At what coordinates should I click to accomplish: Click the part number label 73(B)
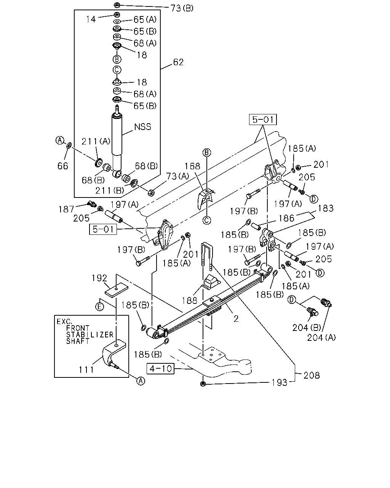pyautogui.click(x=182, y=8)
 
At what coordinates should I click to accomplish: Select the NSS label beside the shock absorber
pyautogui.click(x=142, y=127)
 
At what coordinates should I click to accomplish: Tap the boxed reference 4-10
pyautogui.click(x=161, y=368)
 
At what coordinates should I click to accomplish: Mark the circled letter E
pyautogui.click(x=99, y=307)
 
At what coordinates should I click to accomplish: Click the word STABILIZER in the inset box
pyautogui.click(x=90, y=334)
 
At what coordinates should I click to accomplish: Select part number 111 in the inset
pyautogui.click(x=86, y=370)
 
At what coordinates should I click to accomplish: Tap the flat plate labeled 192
pyautogui.click(x=116, y=290)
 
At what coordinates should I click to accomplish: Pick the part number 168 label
pyautogui.click(x=192, y=166)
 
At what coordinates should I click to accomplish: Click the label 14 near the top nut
pyautogui.click(x=91, y=19)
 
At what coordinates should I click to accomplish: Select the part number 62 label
pyautogui.click(x=178, y=62)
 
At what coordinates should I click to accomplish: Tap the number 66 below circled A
pyautogui.click(x=62, y=166)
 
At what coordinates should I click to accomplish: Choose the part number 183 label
pyautogui.click(x=326, y=209)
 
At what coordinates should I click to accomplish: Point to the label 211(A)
pyautogui.click(x=96, y=141)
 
